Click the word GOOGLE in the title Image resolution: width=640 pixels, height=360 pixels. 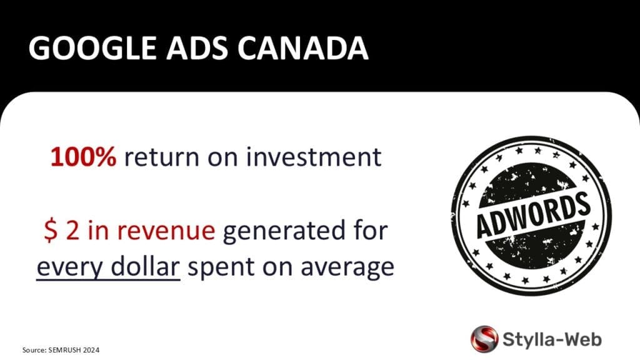coord(92,48)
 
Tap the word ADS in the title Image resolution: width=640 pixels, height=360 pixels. coord(197,48)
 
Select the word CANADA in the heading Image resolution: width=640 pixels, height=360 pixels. coord(303,48)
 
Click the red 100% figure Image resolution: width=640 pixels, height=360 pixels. coord(83,157)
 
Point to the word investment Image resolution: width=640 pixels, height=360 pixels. coord(314,157)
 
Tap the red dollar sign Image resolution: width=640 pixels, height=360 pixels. coord(51,231)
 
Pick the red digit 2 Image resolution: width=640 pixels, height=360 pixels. coord(72,231)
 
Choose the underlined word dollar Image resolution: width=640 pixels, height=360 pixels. coord(145,267)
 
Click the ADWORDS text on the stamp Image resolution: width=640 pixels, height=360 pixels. coord(534,215)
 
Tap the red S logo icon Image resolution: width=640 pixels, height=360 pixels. coord(484,338)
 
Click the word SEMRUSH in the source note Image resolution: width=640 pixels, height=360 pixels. coord(65,350)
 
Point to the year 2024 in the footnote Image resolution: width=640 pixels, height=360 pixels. coord(91,350)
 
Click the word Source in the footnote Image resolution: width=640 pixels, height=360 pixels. coord(34,350)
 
